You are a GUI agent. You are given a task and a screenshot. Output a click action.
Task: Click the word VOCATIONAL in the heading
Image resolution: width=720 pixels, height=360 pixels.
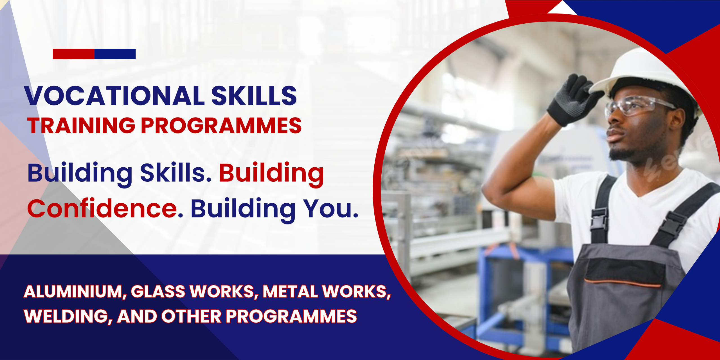(115, 96)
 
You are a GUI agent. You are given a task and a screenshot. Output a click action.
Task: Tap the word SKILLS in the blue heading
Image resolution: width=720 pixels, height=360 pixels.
(254, 96)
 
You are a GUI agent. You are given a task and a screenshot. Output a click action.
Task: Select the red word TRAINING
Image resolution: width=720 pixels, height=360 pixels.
(81, 125)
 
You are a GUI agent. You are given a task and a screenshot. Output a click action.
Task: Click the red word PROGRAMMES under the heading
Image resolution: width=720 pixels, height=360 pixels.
(221, 125)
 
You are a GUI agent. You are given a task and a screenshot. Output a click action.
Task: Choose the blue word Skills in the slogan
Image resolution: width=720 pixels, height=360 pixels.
(175, 172)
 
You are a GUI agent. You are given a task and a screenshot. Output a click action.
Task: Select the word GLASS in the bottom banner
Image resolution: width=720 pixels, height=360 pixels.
(158, 291)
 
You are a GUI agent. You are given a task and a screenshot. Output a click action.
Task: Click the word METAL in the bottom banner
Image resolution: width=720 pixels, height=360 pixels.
(290, 291)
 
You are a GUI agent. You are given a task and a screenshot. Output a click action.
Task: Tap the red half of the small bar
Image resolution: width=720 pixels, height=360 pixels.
(73, 54)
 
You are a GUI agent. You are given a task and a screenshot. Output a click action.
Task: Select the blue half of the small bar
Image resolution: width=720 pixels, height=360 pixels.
(115, 54)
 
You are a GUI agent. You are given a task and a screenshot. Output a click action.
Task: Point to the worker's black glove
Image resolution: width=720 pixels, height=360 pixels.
(574, 100)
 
